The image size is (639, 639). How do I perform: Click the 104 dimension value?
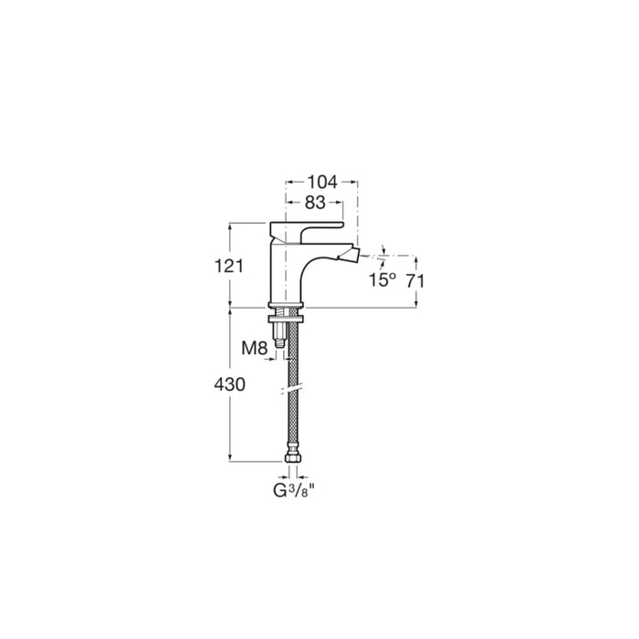tap(322, 183)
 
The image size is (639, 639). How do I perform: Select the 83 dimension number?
tap(315, 203)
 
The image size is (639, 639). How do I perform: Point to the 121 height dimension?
tap(229, 267)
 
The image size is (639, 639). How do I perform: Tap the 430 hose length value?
tap(230, 384)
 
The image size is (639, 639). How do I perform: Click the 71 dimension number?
tap(415, 281)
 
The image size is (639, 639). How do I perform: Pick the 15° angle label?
tap(382, 280)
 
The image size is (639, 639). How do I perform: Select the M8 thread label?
tap(255, 349)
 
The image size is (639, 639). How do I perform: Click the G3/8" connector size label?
tap(295, 491)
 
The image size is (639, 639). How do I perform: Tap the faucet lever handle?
tap(307, 231)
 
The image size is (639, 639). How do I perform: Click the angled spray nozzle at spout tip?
tap(352, 255)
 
